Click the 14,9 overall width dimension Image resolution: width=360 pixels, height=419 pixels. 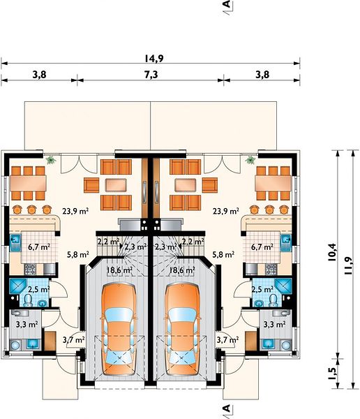[154, 58]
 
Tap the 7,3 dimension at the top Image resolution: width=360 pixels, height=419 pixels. [151, 75]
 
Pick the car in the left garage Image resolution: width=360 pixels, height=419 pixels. [119, 330]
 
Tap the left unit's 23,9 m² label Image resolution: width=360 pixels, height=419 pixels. [75, 212]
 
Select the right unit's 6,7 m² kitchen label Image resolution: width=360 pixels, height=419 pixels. [262, 247]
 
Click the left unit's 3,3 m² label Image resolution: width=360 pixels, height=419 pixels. [27, 325]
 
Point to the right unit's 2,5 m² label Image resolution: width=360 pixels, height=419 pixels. [262, 289]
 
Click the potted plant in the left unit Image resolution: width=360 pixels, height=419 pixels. [50, 160]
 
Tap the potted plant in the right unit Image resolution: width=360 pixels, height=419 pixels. [250, 160]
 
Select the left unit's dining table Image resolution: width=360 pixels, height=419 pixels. [28, 183]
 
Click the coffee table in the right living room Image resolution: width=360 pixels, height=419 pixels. [185, 185]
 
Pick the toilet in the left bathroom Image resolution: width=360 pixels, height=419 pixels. [27, 300]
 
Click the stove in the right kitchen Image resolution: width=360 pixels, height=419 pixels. [271, 270]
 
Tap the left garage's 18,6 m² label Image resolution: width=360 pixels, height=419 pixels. [120, 270]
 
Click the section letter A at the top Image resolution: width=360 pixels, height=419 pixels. [227, 5]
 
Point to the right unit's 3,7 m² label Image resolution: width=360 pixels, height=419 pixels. [227, 340]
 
